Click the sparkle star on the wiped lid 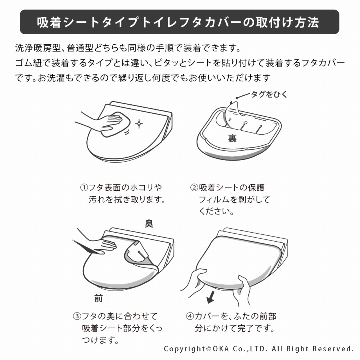tap(139, 124)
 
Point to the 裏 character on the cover tap(232, 138)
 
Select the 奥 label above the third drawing tap(149, 223)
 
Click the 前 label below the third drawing tap(99, 298)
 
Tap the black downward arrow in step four tap(211, 297)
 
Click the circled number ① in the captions tap(84, 188)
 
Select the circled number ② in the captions tap(194, 188)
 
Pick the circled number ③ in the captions tap(77, 316)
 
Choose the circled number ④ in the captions tap(190, 316)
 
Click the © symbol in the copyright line tap(209, 349)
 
